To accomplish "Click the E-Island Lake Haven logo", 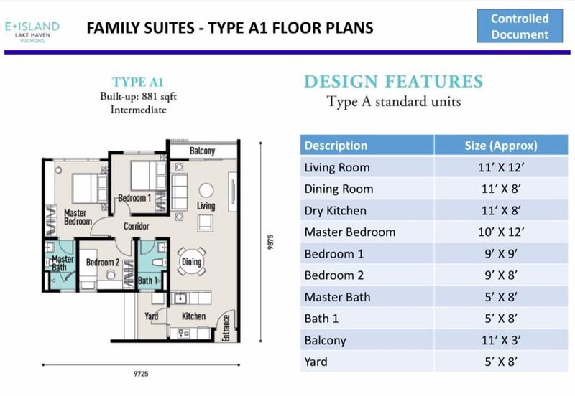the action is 32,32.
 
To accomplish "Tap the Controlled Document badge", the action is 520,26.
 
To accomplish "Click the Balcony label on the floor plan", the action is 202,151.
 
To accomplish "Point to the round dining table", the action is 191,261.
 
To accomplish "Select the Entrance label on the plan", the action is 226,328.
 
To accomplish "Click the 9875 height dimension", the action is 270,242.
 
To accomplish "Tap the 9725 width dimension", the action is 141,374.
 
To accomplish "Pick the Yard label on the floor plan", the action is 151,316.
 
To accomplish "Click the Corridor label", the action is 136,226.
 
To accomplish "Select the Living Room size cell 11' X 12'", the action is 500,167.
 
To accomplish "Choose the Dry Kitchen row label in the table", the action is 335,211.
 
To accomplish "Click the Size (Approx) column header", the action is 501,146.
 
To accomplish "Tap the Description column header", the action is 336,146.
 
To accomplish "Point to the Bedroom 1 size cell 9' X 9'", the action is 501,254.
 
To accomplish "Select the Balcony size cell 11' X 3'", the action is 501,340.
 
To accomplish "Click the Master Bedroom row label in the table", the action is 350,232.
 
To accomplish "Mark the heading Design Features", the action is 393,81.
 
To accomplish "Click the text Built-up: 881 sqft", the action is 138,97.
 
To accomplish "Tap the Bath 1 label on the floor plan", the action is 148,280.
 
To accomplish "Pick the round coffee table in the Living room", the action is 206,190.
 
